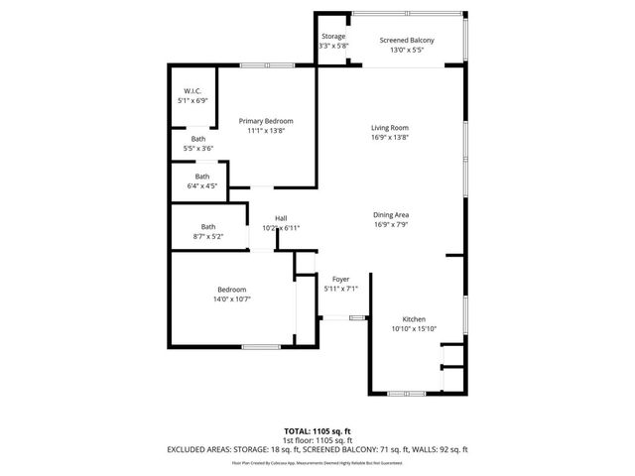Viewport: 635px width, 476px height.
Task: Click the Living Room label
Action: coord(390,128)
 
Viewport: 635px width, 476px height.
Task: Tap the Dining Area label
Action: coord(390,215)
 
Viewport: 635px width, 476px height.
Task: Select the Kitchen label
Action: coord(414,319)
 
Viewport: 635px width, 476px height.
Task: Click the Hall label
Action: coord(281,219)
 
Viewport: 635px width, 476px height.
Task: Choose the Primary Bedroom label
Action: coord(265,120)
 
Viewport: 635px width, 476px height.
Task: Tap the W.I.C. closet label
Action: coord(192,91)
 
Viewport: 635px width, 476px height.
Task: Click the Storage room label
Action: coord(333,37)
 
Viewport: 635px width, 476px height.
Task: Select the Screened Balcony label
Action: coord(408,41)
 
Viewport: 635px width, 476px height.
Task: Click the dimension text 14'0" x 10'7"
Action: coord(233,297)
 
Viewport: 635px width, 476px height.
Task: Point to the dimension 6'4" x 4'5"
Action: coord(201,185)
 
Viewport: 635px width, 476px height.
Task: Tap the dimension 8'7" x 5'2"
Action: coord(208,236)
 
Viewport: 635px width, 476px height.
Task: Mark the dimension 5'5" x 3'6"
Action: coord(198,148)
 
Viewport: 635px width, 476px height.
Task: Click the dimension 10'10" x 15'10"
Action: coord(414,328)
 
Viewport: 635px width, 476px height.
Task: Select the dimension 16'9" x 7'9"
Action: coord(390,224)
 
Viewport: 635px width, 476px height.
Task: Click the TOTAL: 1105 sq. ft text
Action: coord(317,430)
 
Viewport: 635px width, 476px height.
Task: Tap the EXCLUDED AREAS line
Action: coord(317,449)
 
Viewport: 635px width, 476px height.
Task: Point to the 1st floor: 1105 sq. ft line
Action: coord(317,439)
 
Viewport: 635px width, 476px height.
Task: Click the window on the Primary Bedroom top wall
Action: coord(266,65)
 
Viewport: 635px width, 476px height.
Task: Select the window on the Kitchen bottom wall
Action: coord(407,392)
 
